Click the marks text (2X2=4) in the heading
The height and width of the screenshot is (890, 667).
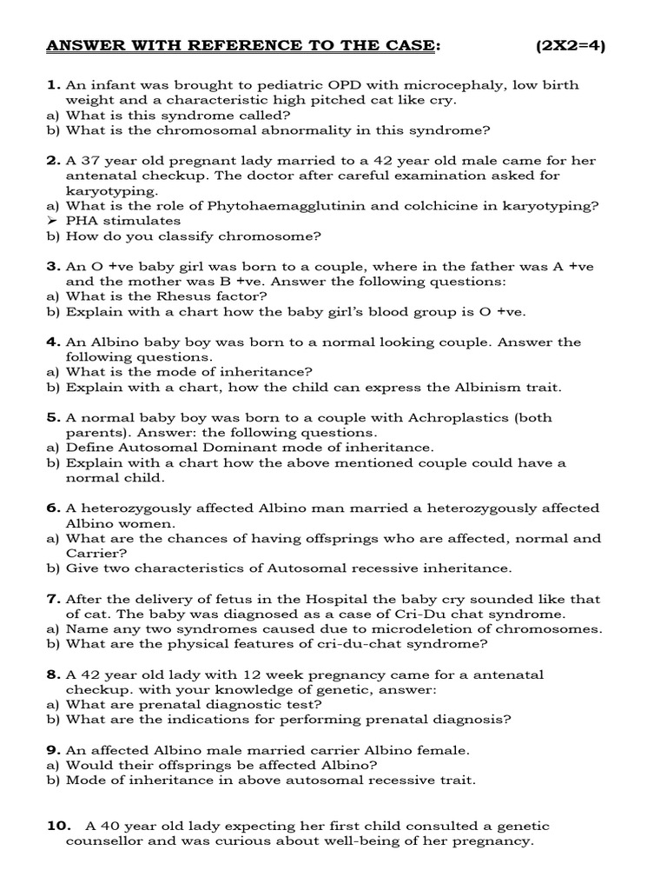point(570,46)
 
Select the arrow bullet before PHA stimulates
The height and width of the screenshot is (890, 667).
point(52,221)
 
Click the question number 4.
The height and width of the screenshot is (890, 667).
point(53,342)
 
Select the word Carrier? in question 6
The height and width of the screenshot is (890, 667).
point(96,553)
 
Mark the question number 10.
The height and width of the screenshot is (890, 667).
point(56,826)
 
